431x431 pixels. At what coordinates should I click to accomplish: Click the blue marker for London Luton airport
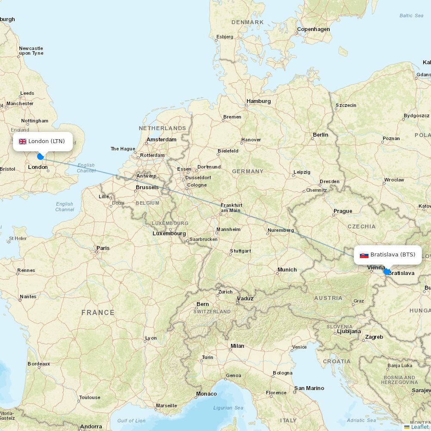tap(41, 156)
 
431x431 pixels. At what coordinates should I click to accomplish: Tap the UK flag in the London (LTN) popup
tap(22, 141)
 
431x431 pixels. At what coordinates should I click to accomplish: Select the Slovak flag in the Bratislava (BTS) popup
tap(364, 255)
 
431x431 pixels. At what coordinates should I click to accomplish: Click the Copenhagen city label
tap(313, 29)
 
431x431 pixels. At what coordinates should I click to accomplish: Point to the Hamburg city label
tap(259, 101)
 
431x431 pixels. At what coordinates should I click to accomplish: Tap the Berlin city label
tap(320, 135)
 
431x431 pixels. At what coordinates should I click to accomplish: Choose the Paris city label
tap(103, 248)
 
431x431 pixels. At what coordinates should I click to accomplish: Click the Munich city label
tap(287, 270)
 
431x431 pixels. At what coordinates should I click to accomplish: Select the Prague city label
tap(343, 211)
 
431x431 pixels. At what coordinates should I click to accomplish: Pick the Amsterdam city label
tap(162, 140)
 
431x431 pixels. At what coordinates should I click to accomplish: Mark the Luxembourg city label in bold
tap(169, 234)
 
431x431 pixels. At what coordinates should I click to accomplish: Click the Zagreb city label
tap(374, 337)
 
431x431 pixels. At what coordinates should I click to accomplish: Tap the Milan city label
tap(237, 346)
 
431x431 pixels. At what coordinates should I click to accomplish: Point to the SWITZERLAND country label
tap(212, 312)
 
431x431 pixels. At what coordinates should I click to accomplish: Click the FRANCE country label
tap(98, 312)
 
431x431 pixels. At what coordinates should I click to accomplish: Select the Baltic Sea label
tap(411, 16)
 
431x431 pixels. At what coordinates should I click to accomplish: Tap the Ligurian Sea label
tap(228, 408)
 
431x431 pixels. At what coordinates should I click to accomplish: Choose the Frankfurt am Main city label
tap(231, 208)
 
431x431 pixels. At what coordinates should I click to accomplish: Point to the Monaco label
tap(206, 394)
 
